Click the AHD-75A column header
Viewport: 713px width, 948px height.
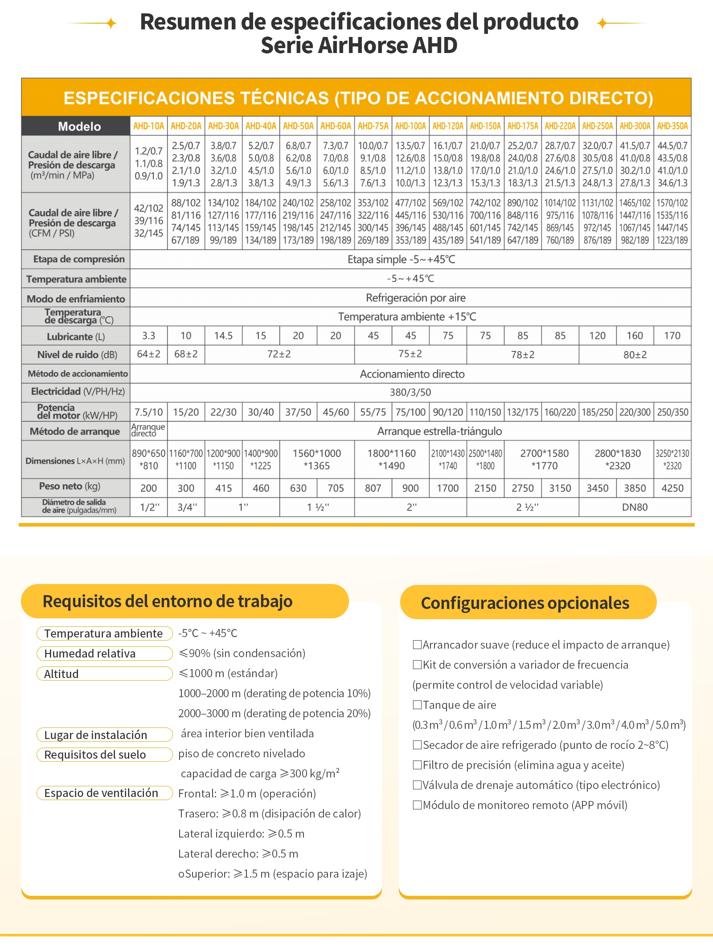tap(373, 126)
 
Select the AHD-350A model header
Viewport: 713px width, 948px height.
tap(672, 126)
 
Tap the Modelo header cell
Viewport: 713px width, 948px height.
tap(76, 126)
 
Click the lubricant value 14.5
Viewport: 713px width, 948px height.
tap(223, 336)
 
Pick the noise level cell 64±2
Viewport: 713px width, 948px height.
tap(148, 355)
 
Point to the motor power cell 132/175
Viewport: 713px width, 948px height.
tap(523, 412)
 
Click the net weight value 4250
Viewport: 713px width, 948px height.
tap(672, 488)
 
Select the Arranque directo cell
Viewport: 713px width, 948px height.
tap(148, 430)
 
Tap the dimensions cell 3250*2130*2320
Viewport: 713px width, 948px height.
tap(672, 460)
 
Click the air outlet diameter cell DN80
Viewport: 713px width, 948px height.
tap(635, 507)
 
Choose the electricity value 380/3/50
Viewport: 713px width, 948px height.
tap(410, 392)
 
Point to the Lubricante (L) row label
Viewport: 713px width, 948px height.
tap(76, 336)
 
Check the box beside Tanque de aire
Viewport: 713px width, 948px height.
tap(417, 704)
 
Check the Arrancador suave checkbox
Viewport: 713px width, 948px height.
tap(417, 644)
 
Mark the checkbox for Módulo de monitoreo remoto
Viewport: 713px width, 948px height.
tap(417, 805)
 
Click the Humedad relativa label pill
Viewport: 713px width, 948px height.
tap(104, 654)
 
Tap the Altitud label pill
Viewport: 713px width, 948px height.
tap(104, 674)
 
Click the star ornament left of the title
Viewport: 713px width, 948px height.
tap(111, 23)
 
